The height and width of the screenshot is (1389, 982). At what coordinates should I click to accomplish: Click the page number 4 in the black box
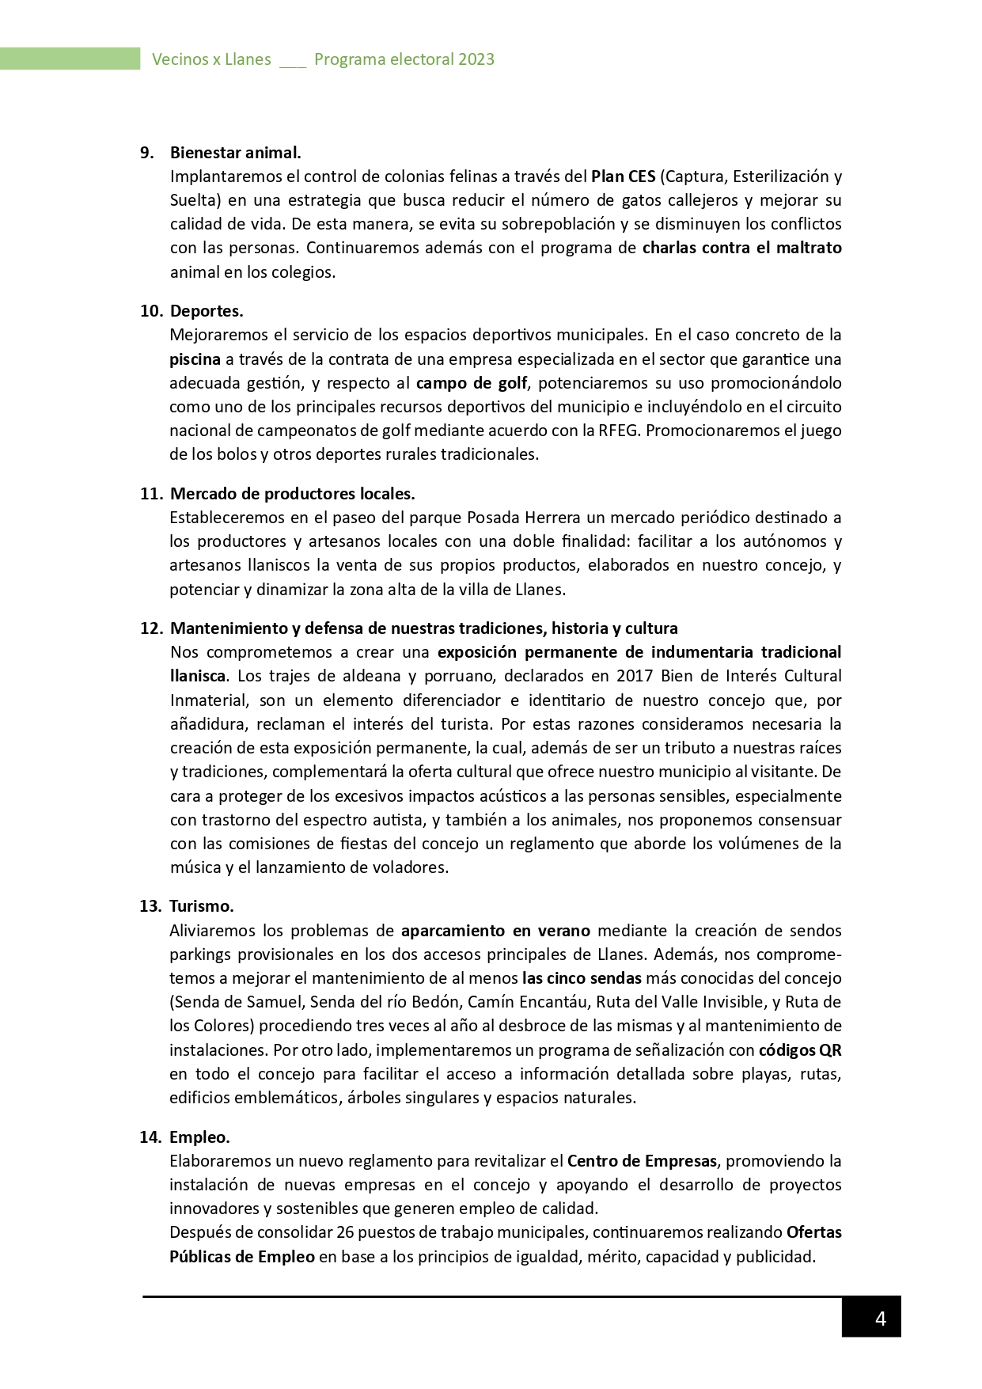[880, 1319]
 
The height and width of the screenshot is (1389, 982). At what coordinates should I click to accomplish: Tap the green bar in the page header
[70, 59]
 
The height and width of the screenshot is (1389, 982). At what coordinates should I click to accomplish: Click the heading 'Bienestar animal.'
[235, 153]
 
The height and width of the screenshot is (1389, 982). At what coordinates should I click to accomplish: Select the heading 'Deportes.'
[207, 311]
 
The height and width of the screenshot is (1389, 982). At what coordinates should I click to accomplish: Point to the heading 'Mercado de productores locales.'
[292, 494]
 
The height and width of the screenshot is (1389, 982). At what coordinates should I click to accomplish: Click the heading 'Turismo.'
[201, 906]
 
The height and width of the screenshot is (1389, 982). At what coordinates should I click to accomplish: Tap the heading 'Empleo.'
[199, 1137]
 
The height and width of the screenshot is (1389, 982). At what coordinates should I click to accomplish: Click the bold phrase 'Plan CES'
[623, 176]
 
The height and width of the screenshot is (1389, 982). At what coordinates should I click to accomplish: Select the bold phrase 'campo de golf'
[472, 383]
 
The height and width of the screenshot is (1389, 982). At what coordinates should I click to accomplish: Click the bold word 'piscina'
[195, 359]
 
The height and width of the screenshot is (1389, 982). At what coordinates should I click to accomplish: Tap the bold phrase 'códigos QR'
[799, 1050]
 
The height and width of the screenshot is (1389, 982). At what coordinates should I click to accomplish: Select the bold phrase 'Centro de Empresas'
[642, 1161]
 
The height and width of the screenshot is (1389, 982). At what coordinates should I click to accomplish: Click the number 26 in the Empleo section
[345, 1232]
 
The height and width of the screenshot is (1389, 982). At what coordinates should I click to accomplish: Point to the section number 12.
[150, 628]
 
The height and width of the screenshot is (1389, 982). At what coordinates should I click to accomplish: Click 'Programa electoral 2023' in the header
[404, 59]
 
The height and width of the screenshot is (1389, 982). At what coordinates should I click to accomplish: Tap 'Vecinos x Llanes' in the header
[211, 59]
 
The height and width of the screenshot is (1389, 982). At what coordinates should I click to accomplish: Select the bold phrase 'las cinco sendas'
[582, 978]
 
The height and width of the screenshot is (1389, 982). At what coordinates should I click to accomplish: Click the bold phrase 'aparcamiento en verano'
[495, 931]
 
